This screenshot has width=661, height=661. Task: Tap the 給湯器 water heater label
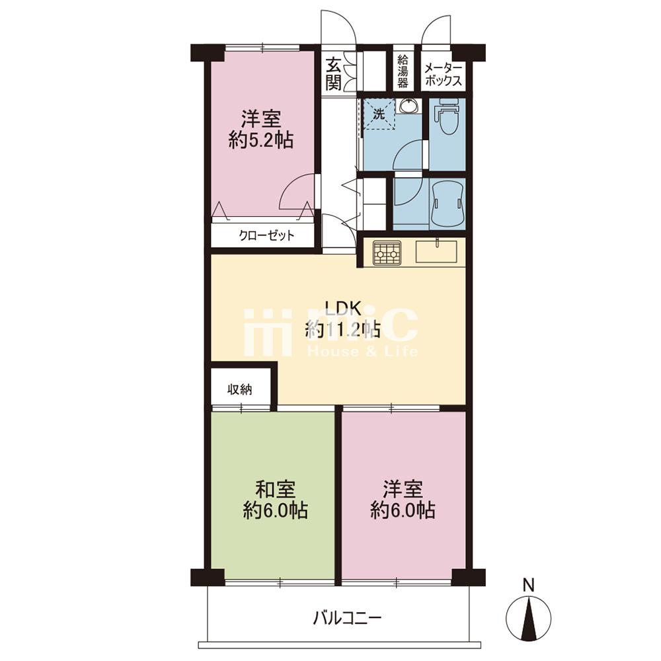[x=403, y=71]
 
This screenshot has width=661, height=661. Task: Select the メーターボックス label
[x=443, y=74]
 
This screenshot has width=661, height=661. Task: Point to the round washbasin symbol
[x=408, y=106]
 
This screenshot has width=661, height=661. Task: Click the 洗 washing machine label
[x=379, y=114]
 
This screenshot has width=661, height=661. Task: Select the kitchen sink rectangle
[x=436, y=251]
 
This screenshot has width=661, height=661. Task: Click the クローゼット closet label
[x=266, y=235]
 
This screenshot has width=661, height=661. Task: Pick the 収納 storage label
[x=240, y=389]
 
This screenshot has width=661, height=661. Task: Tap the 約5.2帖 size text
[x=261, y=139]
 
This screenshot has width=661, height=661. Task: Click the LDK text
[x=343, y=309]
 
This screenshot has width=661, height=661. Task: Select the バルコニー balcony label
[x=347, y=619]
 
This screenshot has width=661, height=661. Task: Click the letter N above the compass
[x=528, y=585]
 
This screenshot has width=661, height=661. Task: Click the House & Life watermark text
[x=362, y=351]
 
